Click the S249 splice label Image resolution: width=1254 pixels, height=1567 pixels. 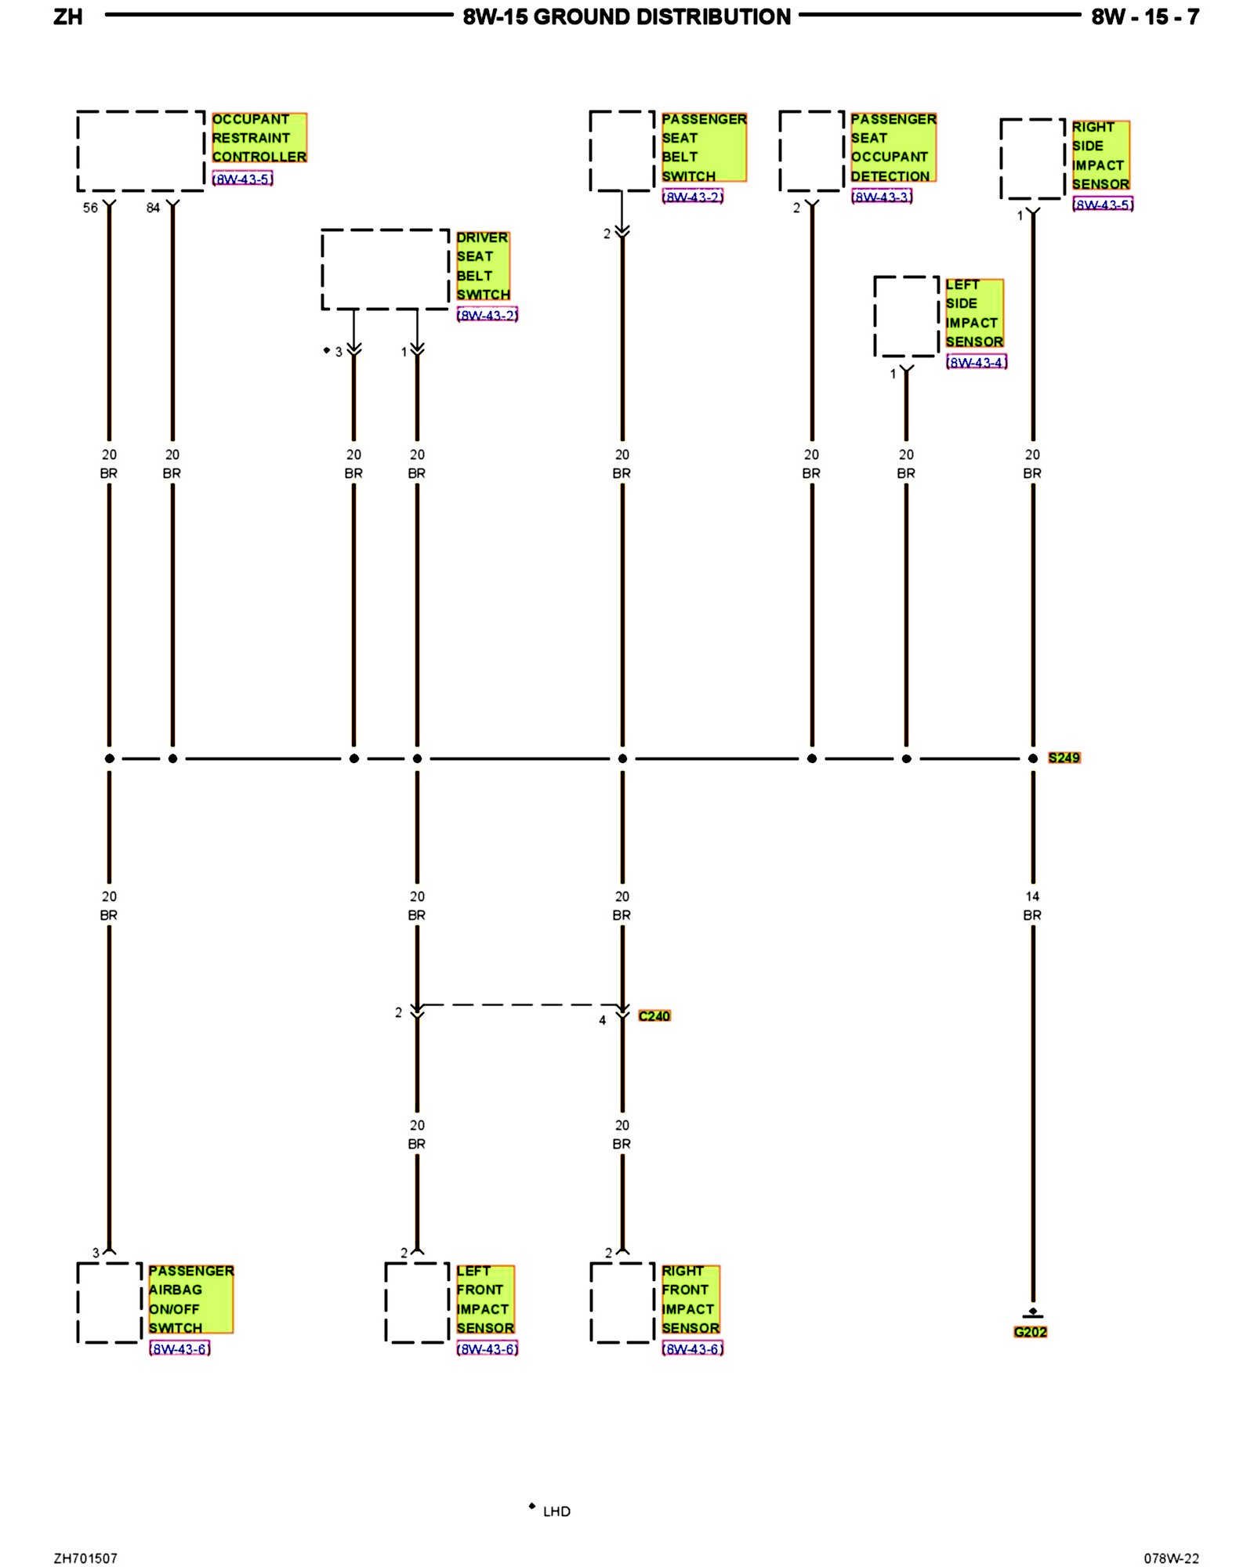1064,758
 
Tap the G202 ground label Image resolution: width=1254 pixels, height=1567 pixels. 1030,1332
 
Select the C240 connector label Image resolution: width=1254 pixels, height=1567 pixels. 654,1016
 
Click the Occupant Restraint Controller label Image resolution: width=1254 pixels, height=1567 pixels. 259,138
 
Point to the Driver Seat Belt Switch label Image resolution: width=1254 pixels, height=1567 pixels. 483,266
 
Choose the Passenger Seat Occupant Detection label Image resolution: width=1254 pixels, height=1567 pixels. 893,147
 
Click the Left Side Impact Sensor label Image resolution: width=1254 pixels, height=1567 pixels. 973,313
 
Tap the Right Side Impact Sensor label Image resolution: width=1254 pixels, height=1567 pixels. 1100,155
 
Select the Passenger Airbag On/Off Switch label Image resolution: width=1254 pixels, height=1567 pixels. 190,1299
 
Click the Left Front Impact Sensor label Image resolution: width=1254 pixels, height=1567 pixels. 485,1299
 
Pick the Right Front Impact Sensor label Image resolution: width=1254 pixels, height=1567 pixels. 690,1299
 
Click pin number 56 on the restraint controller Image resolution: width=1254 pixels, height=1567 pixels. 90,208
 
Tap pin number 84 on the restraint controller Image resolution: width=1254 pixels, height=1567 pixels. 153,208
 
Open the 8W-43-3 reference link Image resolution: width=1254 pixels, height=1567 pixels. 882,197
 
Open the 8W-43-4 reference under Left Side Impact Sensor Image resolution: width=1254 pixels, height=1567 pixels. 976,362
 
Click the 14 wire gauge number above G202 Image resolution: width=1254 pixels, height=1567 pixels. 1032,896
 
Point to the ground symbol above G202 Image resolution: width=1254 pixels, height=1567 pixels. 1032,1313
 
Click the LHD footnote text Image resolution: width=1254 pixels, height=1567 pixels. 556,1511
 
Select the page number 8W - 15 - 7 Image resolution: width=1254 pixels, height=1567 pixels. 1144,17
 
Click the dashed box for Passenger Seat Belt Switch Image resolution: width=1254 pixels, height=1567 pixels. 622,151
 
